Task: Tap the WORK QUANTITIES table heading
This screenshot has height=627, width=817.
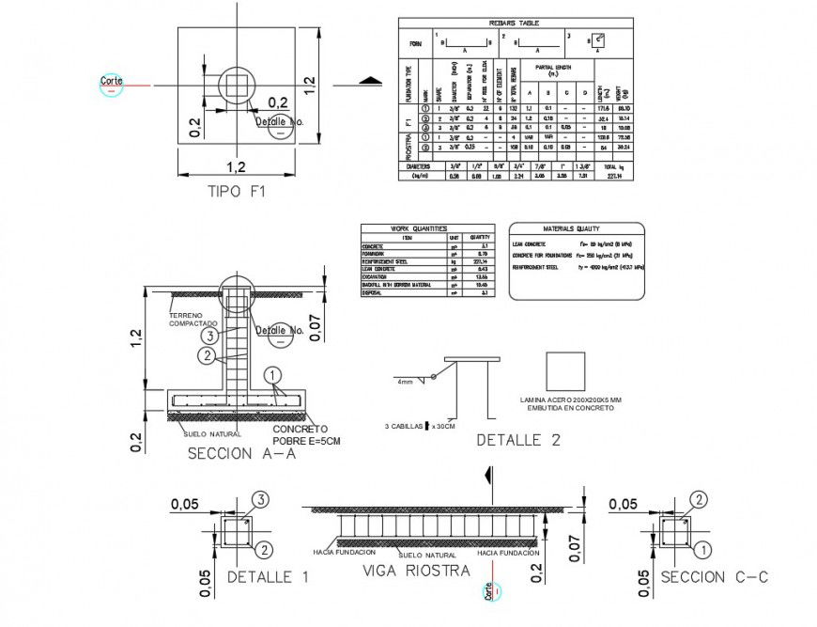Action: pos(427,228)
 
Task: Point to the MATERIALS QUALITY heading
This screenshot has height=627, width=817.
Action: pos(576,228)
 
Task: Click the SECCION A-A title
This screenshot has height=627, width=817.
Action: pos(241,453)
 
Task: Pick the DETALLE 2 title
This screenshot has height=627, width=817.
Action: pos(518,440)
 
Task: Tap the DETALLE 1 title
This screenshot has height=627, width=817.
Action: pos(268,577)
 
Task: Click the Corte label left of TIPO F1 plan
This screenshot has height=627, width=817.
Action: pos(112,83)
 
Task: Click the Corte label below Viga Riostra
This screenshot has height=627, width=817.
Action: pos(489,590)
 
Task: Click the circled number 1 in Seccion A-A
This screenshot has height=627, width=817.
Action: pos(273,375)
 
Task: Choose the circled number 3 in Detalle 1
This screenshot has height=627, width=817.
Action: pos(262,499)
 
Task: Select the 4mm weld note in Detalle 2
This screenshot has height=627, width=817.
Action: pos(405,382)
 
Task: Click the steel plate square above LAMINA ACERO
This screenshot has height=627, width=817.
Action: pos(565,371)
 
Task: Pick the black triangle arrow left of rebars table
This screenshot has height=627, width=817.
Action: pos(371,81)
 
